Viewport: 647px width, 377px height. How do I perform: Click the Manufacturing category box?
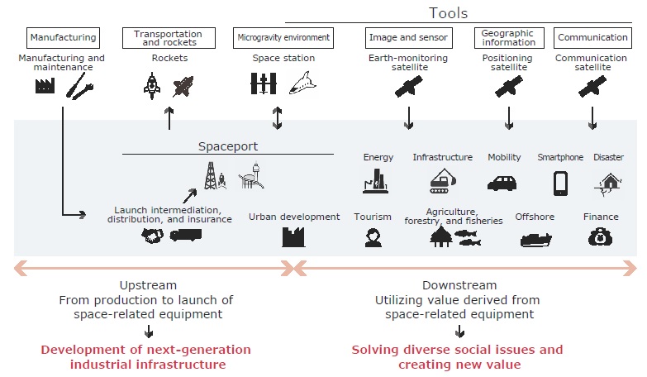[63, 37]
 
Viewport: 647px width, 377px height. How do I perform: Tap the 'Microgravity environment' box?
[283, 37]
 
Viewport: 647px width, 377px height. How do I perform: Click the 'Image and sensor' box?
[407, 37]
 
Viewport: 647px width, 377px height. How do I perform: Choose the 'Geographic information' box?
[508, 38]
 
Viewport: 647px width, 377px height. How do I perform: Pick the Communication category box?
[592, 37]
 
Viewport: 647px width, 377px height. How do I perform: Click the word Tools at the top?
[449, 13]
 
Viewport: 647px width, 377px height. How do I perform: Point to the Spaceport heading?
[227, 146]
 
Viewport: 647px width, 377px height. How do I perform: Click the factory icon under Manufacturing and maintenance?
[45, 86]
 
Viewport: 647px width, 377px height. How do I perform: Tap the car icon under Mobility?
[503, 182]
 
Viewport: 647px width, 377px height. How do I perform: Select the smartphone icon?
[560, 183]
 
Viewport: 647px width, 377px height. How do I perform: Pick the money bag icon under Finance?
[600, 238]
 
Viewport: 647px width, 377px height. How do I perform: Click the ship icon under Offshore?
[535, 240]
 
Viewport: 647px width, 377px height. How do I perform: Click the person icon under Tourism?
[372, 238]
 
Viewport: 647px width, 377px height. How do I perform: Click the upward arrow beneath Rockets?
[169, 117]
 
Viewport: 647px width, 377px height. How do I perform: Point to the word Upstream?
[148, 285]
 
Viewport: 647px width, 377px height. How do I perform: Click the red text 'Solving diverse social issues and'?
[457, 350]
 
